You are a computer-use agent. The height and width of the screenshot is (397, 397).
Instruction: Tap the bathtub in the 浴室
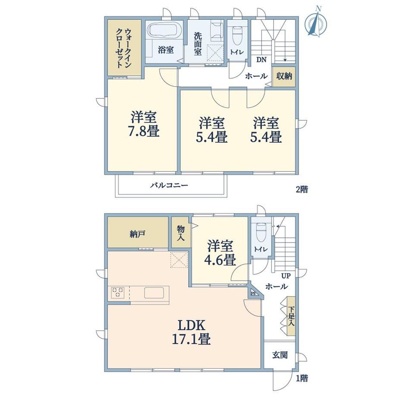[x=164, y=30]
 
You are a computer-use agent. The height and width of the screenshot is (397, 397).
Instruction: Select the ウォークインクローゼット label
[x=124, y=48]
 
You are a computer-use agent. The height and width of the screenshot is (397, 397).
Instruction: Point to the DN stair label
[x=262, y=60]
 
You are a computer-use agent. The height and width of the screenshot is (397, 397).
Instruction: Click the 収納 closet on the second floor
[x=284, y=76]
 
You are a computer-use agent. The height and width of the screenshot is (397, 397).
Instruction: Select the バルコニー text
[x=169, y=185]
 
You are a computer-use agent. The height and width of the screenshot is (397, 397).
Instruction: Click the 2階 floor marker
[x=302, y=189]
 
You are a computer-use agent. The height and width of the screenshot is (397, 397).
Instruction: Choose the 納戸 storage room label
[x=137, y=234]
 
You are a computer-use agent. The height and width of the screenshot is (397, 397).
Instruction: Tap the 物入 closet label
[x=181, y=233]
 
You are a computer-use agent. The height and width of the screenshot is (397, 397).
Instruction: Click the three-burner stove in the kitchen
[x=117, y=293]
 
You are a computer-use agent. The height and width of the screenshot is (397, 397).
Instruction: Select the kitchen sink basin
[x=154, y=293]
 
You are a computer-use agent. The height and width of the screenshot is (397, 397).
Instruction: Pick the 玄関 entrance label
[x=280, y=355]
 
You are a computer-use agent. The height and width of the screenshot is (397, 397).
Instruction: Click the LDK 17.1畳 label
[x=191, y=332]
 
